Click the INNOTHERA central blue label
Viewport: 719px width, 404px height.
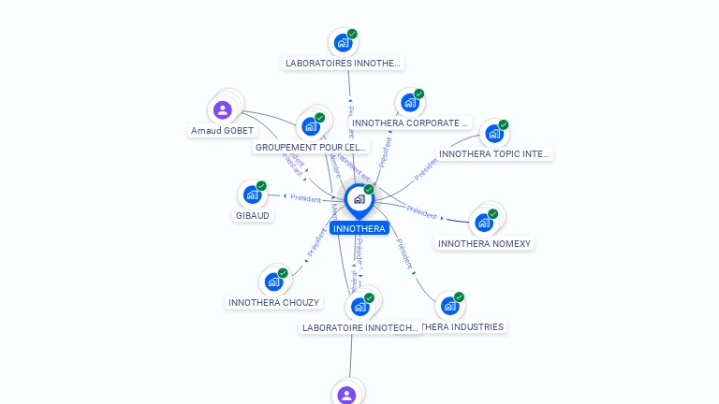click(359, 228)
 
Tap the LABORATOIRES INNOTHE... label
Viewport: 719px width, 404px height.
click(343, 64)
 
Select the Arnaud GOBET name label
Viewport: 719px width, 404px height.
click(222, 131)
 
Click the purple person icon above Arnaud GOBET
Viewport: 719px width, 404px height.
click(223, 110)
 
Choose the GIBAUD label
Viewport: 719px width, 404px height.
click(252, 215)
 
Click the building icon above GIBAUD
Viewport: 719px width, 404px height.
click(252, 194)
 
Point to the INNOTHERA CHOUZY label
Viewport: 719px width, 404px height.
click(273, 302)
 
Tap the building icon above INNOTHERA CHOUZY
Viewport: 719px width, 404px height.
click(273, 281)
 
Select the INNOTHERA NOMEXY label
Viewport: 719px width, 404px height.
click(484, 243)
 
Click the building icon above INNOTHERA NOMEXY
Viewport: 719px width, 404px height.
click(483, 223)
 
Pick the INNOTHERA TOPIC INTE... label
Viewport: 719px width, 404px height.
click(494, 153)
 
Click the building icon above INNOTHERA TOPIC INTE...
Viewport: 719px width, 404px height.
click(493, 133)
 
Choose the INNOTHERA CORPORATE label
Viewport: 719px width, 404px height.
click(409, 123)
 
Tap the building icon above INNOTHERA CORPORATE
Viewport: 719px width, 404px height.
click(409, 102)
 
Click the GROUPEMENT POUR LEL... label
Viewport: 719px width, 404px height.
click(311, 147)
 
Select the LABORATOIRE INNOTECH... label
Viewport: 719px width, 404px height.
click(360, 327)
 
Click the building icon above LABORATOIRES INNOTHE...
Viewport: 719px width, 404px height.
click(343, 42)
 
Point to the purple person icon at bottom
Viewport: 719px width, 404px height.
click(347, 395)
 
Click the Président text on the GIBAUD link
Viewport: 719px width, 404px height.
click(305, 198)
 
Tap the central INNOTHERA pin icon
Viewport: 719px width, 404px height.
click(358, 199)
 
